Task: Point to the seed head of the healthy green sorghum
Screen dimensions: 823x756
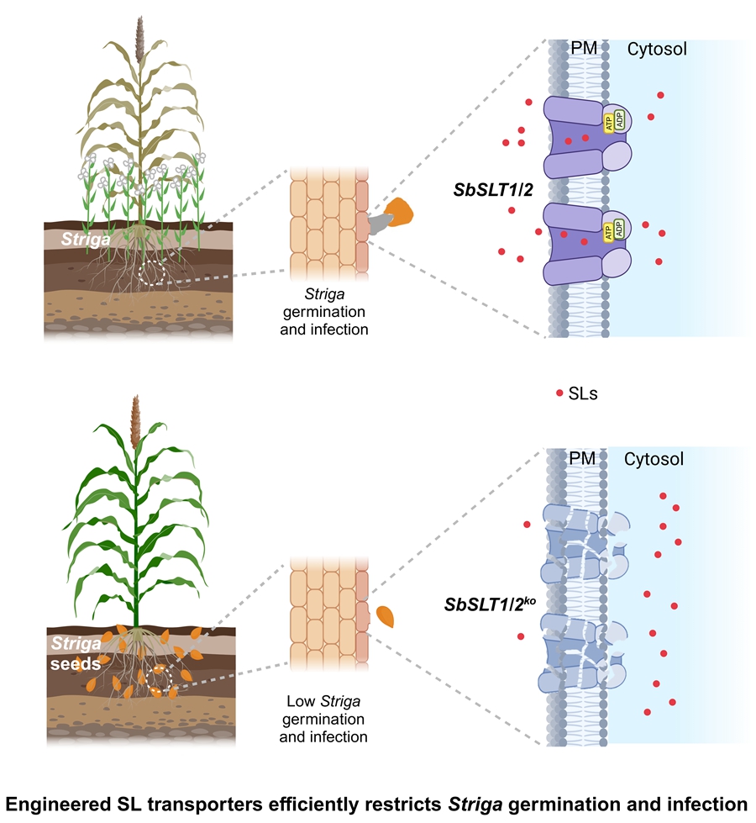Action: pyautogui.click(x=134, y=424)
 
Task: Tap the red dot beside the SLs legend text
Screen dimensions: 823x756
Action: pyautogui.click(x=559, y=393)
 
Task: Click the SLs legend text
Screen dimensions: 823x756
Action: pyautogui.click(x=584, y=393)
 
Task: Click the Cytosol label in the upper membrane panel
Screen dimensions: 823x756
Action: pyautogui.click(x=656, y=49)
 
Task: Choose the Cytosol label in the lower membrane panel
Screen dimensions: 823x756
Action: pyautogui.click(x=654, y=459)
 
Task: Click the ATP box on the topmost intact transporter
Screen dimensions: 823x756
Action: pyautogui.click(x=609, y=121)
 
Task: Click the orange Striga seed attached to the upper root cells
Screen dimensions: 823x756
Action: pyautogui.click(x=400, y=210)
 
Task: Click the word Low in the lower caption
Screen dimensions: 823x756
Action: pyautogui.click(x=294, y=702)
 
